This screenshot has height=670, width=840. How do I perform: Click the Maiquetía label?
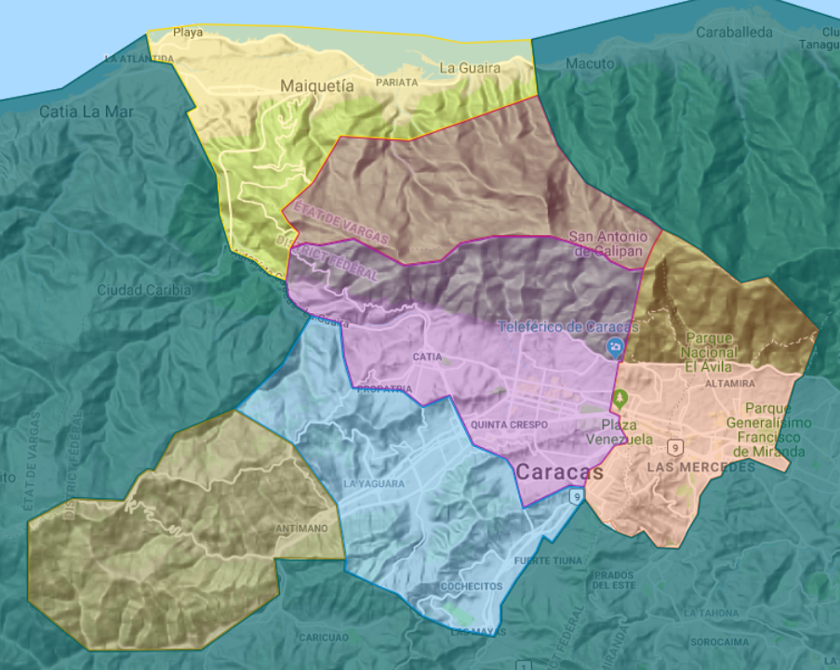(317, 85)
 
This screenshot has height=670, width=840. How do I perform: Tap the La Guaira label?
(470, 68)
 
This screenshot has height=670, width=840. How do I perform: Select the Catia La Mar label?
(87, 112)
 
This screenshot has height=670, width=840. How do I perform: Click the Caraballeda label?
(734, 33)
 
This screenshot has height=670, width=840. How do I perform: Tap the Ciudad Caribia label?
(144, 290)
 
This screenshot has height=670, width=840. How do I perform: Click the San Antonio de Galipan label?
(607, 244)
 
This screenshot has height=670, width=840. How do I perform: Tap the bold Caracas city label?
(559, 472)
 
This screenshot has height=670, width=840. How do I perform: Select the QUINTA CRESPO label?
(510, 425)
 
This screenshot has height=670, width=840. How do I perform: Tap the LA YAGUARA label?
(373, 484)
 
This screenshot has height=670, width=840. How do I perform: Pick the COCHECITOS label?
(472, 586)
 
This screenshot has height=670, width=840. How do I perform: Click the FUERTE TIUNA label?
(549, 561)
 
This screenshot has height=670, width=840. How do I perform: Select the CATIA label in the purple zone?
(427, 357)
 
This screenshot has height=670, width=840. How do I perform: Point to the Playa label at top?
(188, 33)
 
